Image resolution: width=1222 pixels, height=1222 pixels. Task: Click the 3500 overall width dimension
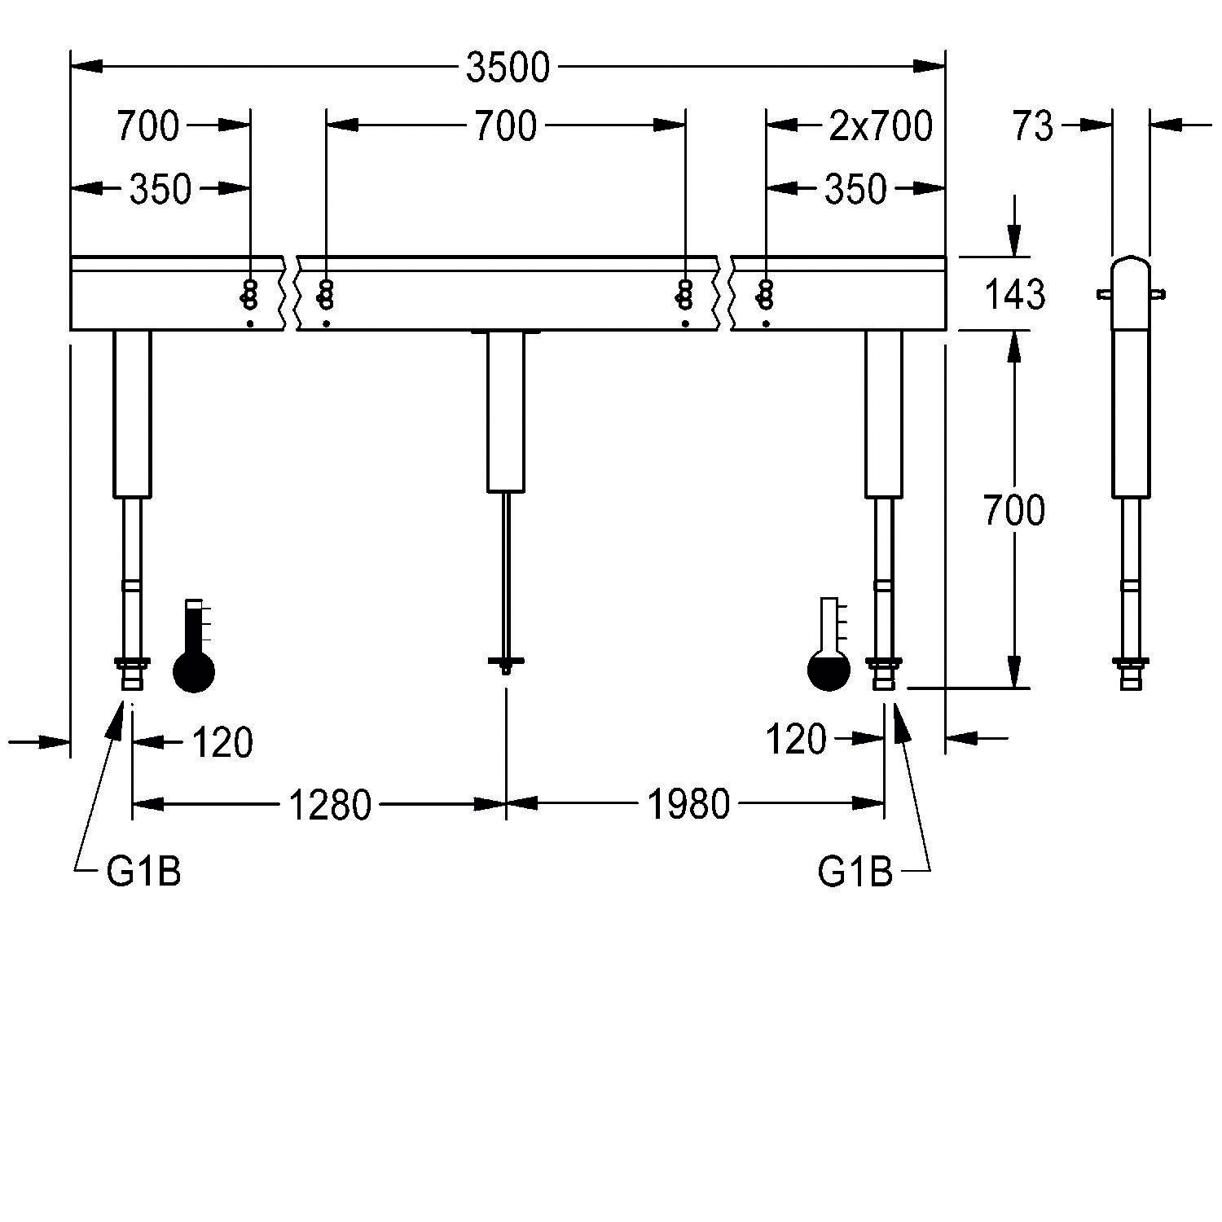tap(508, 68)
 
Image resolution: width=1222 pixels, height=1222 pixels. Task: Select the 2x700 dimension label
tap(881, 126)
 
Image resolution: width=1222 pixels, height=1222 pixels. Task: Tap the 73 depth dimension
tap(1033, 126)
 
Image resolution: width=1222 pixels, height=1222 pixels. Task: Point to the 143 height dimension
tap(1014, 294)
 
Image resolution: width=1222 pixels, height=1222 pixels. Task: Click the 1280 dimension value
tap(330, 806)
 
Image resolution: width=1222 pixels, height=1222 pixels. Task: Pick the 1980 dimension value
tap(688, 806)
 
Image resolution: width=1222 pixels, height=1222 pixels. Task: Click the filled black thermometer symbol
tap(194, 646)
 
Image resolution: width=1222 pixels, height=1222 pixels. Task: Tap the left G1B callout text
tap(144, 873)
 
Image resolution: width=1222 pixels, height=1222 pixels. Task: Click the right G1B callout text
tap(855, 873)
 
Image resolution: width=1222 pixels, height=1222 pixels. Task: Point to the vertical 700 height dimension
tap(1014, 512)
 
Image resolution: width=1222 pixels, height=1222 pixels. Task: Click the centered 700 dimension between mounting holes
tap(506, 126)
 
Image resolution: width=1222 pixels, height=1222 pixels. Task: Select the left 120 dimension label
tap(222, 743)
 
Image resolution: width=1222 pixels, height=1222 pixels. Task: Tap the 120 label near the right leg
tap(797, 741)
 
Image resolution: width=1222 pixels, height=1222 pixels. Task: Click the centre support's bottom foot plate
tap(506, 662)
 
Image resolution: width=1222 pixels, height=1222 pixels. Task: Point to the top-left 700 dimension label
tap(148, 126)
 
